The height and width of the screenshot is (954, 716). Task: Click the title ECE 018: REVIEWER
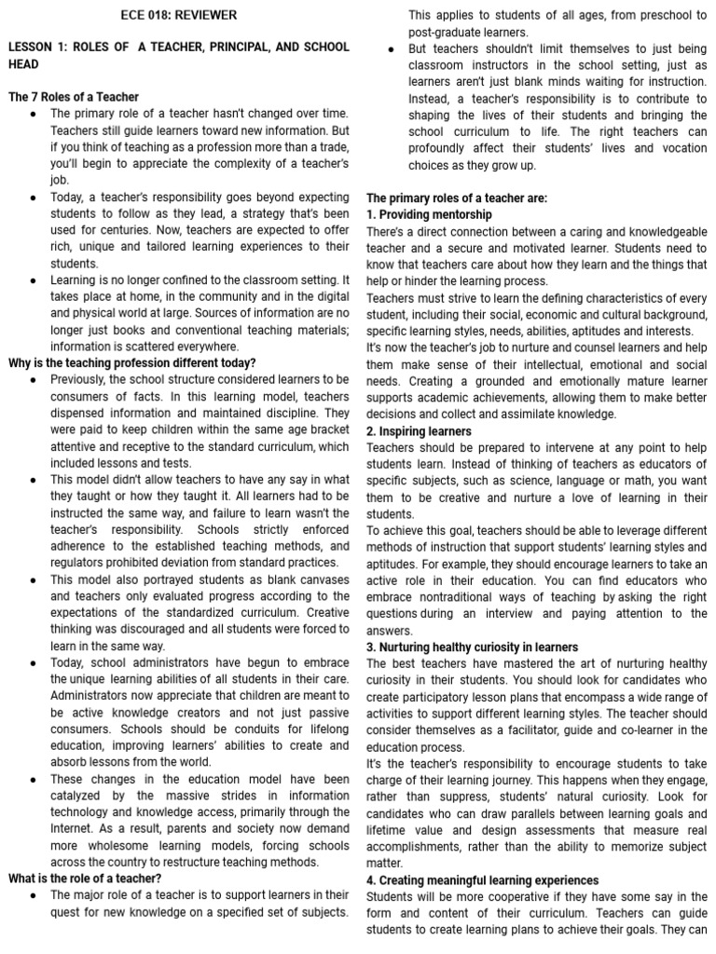[179, 15]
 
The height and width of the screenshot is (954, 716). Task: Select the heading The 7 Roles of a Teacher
[74, 97]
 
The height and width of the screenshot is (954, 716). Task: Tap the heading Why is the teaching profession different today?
[131, 362]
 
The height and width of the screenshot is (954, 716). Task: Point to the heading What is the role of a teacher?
[85, 878]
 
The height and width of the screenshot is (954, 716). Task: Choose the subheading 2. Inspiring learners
[419, 431]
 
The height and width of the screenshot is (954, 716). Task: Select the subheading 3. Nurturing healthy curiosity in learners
[472, 647]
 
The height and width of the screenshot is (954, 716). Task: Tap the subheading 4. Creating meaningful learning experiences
[482, 879]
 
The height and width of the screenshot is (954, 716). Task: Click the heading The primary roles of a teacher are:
[457, 198]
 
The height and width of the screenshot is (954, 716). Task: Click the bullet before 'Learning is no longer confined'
[33, 279]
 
